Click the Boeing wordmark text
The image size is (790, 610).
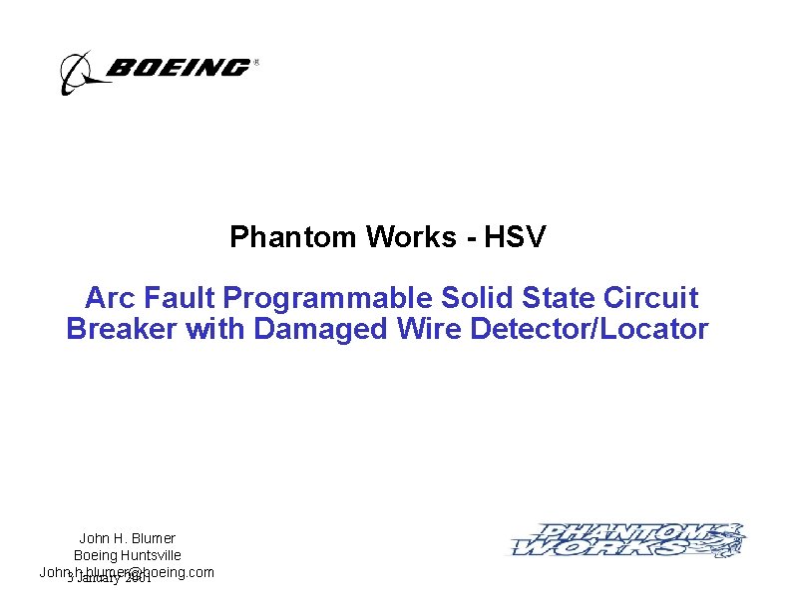click(x=178, y=68)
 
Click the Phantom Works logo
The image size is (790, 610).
click(x=628, y=540)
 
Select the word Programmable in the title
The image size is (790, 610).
click(x=327, y=298)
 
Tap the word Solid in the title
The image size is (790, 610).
click(x=473, y=298)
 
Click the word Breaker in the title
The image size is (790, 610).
click(x=122, y=329)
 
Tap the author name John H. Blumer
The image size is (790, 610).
click(x=127, y=538)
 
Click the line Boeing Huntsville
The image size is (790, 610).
click(x=127, y=554)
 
